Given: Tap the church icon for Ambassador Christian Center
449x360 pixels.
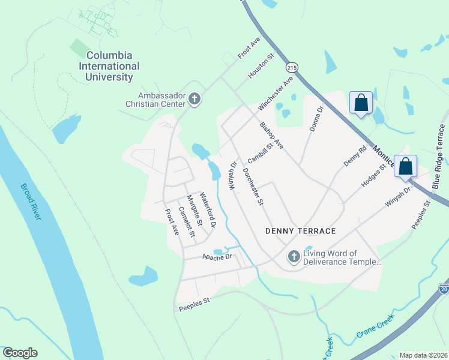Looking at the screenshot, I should coord(194,98).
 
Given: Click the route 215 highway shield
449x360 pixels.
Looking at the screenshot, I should coord(292,68).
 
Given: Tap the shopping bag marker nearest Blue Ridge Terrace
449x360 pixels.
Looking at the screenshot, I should coord(406,166).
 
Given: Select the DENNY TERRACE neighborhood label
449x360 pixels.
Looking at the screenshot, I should coord(300,231).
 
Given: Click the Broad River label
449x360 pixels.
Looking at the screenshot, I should coord(31,202).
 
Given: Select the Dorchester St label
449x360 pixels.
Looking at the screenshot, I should coord(253,186).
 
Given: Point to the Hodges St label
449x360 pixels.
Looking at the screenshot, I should coord(373,176).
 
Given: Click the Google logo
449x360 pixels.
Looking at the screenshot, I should coord(20,353).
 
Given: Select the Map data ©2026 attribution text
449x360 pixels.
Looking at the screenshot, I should coord(423,355).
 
